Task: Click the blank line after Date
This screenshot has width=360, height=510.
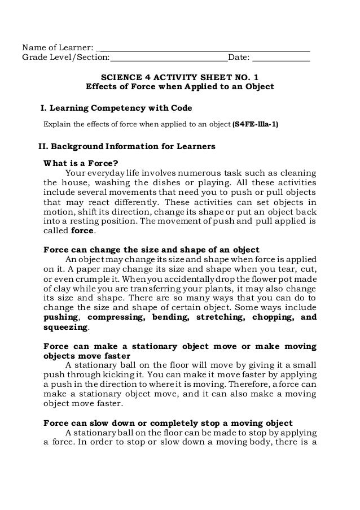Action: [281, 57]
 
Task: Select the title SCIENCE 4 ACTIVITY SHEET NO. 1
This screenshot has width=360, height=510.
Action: [179, 77]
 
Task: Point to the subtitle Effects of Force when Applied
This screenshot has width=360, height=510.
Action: [179, 88]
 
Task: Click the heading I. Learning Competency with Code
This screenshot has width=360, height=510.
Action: [115, 107]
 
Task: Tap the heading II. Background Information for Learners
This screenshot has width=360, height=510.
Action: [126, 147]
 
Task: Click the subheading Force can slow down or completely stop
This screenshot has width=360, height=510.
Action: [168, 422]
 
